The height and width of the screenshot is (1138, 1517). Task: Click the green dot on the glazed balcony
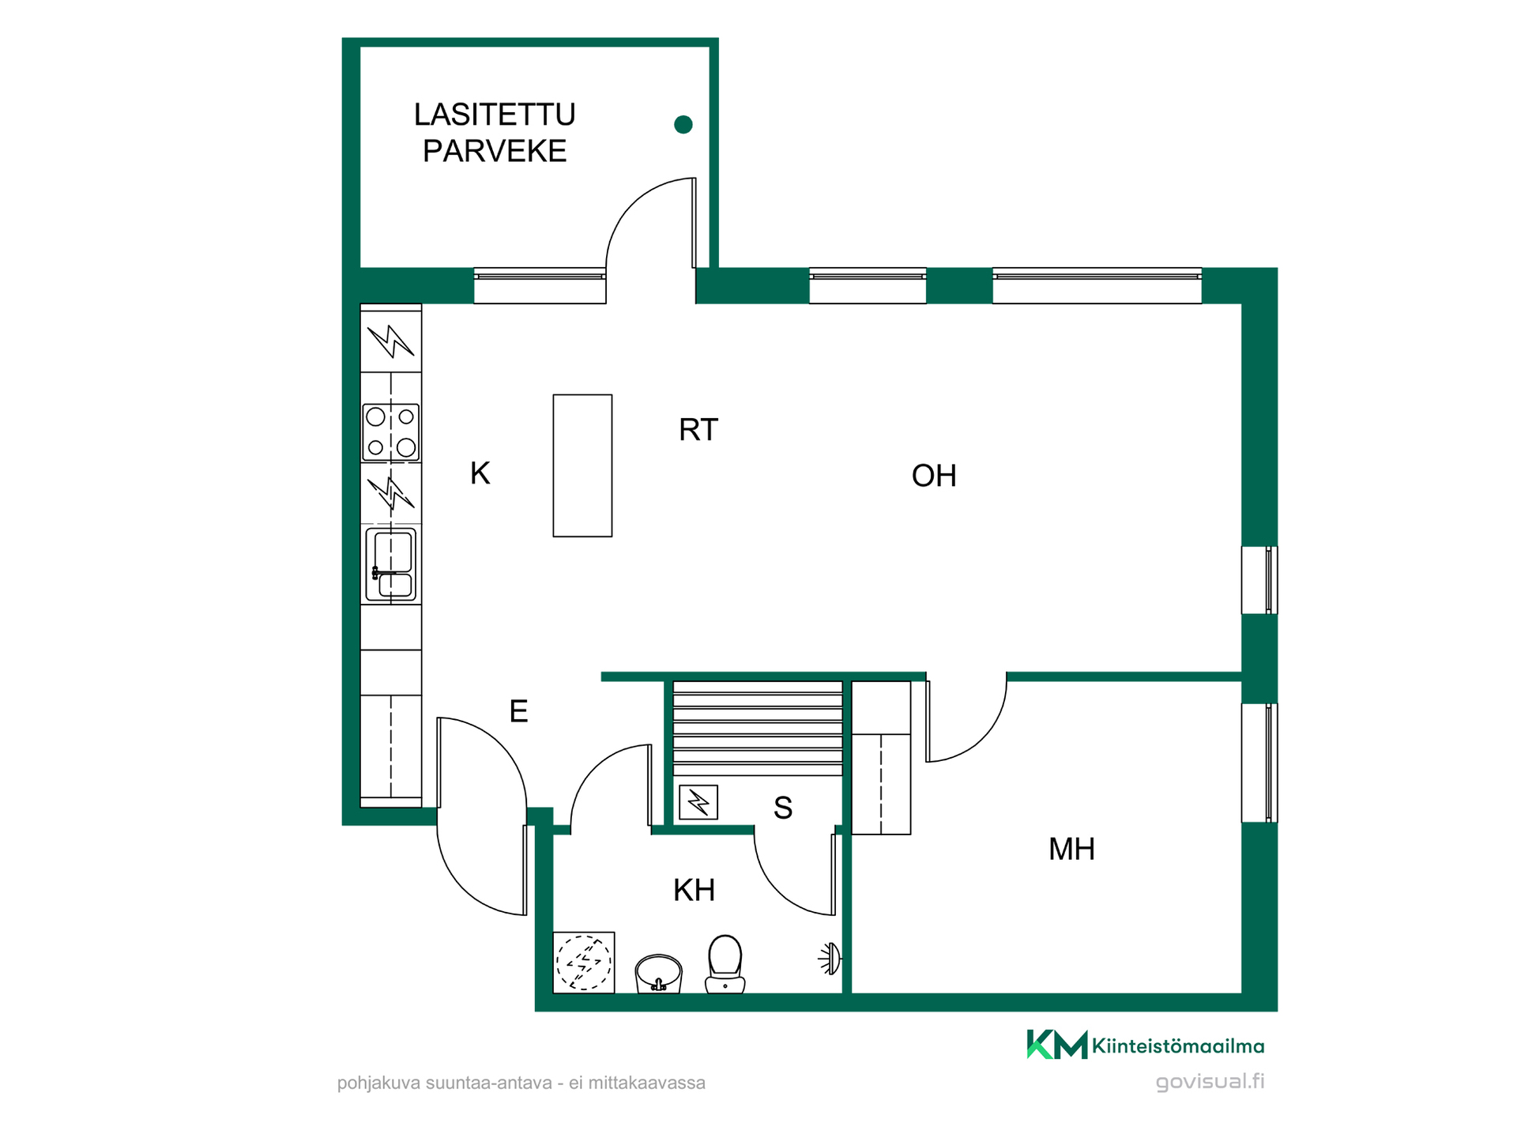[683, 124]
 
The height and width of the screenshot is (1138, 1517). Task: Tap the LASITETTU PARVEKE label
[495, 133]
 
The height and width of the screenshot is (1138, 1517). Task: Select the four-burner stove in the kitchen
[391, 431]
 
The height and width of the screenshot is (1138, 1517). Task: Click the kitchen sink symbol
[391, 565]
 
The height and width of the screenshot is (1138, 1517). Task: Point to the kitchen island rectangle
[582, 465]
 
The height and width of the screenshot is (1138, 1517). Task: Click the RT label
[698, 430]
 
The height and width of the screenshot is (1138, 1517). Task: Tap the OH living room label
[934, 476]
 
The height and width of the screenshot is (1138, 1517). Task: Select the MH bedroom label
[1071, 850]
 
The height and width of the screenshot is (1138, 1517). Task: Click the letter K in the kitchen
[480, 473]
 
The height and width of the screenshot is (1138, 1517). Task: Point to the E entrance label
[518, 712]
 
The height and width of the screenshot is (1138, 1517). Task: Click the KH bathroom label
[694, 891]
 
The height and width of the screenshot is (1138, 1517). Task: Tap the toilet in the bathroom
[725, 964]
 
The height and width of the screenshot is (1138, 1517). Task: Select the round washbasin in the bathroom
[658, 974]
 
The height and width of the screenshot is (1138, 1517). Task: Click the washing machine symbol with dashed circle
[584, 962]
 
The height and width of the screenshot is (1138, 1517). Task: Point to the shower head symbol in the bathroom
[830, 959]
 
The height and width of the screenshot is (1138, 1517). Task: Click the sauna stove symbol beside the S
[698, 802]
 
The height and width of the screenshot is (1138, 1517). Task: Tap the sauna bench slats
[758, 729]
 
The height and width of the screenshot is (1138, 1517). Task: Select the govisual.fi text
[1210, 1082]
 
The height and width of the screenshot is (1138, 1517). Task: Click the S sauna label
[782, 808]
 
